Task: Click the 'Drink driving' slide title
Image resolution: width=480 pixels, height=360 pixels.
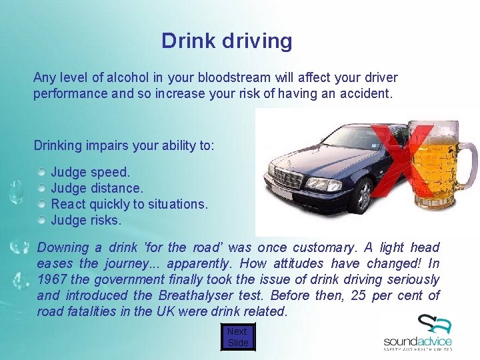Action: click(227, 41)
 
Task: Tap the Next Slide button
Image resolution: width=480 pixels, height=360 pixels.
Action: click(237, 337)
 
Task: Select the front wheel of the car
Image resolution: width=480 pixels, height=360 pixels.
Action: click(364, 196)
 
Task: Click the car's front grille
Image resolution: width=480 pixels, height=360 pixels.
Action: click(288, 179)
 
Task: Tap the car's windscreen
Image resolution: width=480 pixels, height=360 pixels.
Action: click(347, 138)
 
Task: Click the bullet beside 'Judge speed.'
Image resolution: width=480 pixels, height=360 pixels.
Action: click(41, 173)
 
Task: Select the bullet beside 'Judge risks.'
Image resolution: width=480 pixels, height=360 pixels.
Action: click(41, 220)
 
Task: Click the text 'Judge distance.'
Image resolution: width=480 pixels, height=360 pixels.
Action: click(97, 189)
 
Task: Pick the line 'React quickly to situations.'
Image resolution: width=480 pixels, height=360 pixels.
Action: click(129, 204)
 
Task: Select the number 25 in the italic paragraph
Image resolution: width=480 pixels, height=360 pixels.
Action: click(358, 295)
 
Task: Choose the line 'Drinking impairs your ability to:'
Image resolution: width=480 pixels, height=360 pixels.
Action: click(124, 145)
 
